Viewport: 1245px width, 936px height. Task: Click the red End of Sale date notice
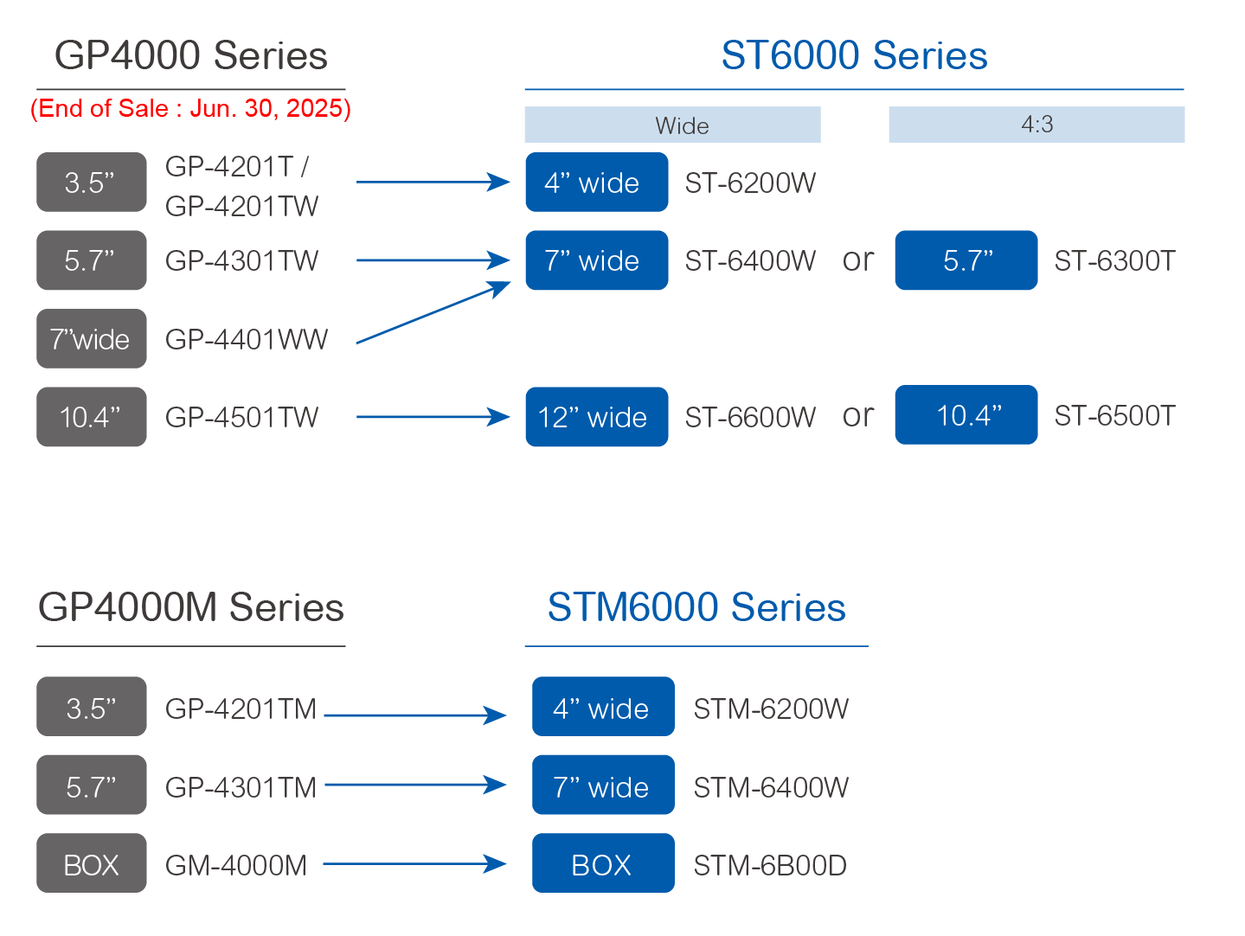point(190,108)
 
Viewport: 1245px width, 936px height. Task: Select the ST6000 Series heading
point(854,55)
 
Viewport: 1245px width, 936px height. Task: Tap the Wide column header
point(672,125)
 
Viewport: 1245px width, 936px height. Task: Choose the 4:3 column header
point(1036,125)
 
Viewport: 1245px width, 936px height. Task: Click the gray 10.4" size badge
point(92,417)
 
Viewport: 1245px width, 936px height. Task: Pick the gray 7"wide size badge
point(92,338)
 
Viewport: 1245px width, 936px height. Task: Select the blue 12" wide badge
point(597,417)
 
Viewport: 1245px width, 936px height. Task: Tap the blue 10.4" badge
point(966,414)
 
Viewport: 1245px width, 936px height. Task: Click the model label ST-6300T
point(1114,260)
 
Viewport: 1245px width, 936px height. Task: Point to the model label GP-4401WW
point(247,339)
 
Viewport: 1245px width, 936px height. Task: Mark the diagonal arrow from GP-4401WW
point(433,312)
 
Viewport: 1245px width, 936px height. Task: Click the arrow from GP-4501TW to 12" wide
point(433,417)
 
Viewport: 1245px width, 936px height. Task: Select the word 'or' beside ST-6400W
point(857,260)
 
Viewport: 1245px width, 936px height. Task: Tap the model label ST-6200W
point(750,183)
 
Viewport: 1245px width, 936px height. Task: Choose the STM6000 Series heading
point(696,607)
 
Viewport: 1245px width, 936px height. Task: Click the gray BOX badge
point(92,862)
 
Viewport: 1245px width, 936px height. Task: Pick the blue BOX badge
point(603,862)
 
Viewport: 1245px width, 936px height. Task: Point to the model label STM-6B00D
point(770,865)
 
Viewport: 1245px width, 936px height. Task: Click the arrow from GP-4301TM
point(415,785)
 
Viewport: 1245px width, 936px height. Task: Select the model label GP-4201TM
point(241,708)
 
